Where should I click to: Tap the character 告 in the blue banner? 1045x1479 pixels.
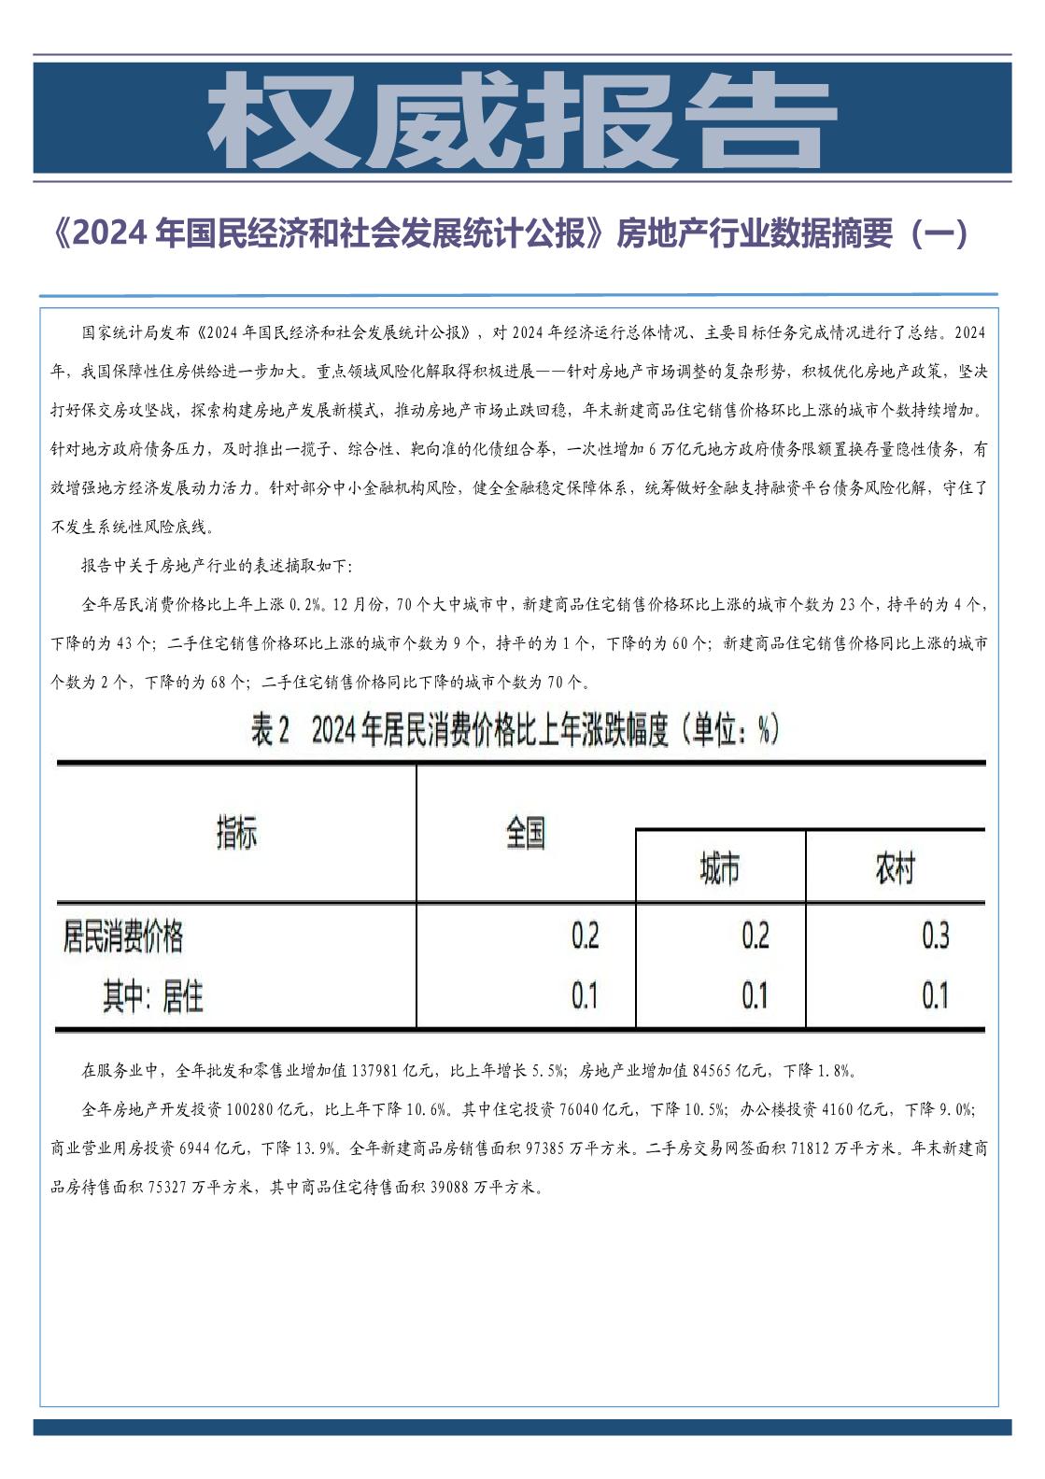(x=761, y=120)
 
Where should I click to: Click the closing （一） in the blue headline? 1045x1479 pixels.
(x=937, y=234)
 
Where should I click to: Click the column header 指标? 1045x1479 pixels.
(x=236, y=832)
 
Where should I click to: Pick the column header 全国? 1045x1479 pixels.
(x=526, y=832)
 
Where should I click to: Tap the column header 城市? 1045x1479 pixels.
(x=720, y=869)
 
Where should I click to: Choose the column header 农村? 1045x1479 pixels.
(x=894, y=869)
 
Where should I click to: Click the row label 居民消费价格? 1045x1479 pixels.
(x=123, y=936)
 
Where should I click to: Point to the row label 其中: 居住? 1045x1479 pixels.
(x=153, y=997)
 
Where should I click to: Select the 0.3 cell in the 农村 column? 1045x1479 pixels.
(x=935, y=936)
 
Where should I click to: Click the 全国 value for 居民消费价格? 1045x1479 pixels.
(x=585, y=936)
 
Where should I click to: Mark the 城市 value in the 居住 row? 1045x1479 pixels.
(x=755, y=996)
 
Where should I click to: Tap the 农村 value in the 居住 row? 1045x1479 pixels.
(x=935, y=996)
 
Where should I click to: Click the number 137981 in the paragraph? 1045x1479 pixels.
(x=377, y=1070)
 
